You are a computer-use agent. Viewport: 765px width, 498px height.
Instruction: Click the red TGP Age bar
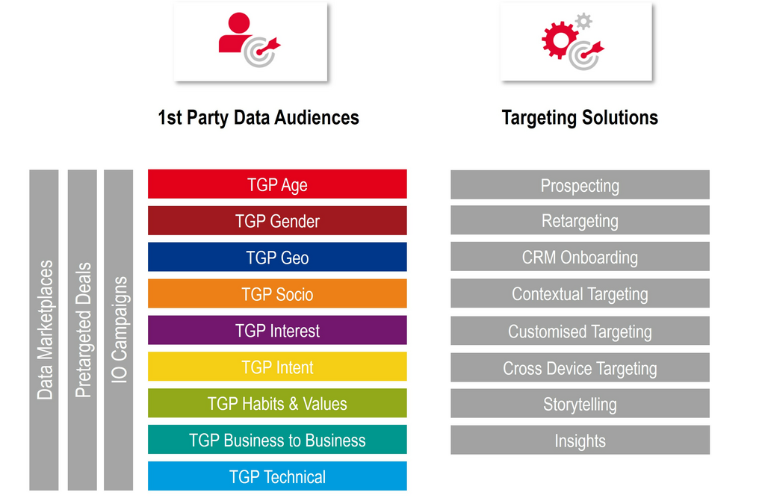tap(277, 184)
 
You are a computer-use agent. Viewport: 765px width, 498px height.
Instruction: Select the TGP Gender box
tap(277, 221)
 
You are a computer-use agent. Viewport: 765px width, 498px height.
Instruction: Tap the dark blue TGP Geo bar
tap(277, 258)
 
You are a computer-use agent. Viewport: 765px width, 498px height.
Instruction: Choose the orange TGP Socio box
tap(277, 294)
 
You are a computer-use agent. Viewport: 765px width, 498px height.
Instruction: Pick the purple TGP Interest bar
tap(277, 331)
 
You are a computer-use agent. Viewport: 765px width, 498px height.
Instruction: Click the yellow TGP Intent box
tap(277, 367)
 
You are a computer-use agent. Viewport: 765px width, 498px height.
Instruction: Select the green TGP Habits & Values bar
tap(277, 404)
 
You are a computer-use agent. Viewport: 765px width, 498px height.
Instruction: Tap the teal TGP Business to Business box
tap(277, 440)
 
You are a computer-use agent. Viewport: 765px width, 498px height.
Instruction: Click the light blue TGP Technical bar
tap(277, 476)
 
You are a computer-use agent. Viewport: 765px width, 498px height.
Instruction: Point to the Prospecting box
tap(580, 185)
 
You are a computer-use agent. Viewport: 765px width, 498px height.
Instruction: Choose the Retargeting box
tap(580, 221)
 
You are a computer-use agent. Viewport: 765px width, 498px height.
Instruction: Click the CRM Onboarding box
tap(580, 258)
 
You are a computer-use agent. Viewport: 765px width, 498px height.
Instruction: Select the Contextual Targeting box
tap(580, 294)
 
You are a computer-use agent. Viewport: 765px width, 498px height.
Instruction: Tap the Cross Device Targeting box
tap(580, 368)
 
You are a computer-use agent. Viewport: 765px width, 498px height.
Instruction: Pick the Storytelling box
tap(580, 404)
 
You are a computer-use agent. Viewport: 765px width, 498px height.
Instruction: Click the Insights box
tap(580, 441)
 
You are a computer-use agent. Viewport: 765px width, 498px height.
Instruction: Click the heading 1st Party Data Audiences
tap(258, 118)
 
